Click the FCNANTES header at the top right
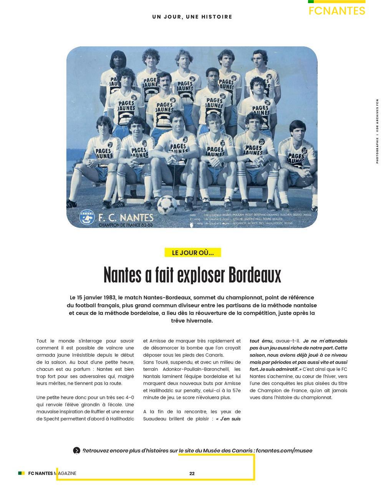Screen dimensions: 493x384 (x=336, y=10)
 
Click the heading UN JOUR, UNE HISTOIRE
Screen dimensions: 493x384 (x=192, y=17)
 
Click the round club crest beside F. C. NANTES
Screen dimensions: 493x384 (x=87, y=218)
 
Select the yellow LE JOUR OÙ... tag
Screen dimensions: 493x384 (x=193, y=253)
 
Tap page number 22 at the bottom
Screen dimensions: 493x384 (x=192, y=473)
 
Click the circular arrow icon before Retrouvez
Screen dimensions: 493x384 (x=77, y=451)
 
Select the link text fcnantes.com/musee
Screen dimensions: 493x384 (x=284, y=451)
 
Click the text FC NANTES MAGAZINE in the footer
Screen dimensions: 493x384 (x=52, y=473)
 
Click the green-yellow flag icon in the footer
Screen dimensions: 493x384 (x=22, y=473)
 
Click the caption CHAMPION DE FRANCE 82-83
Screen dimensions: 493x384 (x=126, y=225)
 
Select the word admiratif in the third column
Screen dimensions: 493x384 (x=286, y=369)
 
